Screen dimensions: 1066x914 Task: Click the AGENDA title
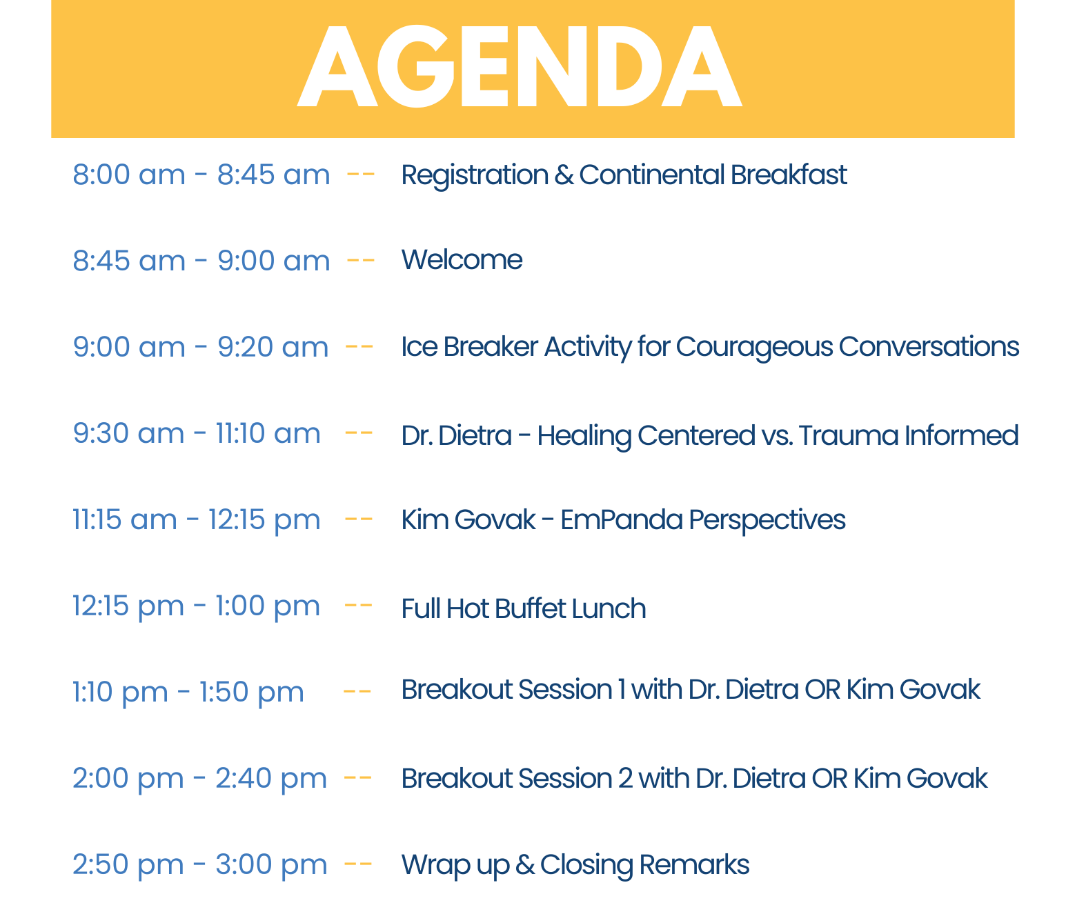(519, 66)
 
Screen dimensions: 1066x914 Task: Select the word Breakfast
(789, 175)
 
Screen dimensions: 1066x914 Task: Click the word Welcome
(462, 259)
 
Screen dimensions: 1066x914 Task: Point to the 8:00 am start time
(129, 175)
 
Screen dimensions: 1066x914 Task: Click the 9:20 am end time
(273, 346)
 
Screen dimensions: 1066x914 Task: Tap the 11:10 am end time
(268, 433)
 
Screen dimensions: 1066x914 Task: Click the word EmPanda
(622, 519)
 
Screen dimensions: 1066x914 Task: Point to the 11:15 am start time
(125, 519)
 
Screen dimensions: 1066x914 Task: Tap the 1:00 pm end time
(268, 607)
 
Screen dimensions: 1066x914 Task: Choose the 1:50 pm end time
(252, 693)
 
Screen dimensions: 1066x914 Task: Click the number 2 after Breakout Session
(626, 778)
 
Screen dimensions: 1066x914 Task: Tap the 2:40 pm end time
(271, 779)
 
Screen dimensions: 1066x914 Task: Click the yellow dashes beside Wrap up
(358, 864)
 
